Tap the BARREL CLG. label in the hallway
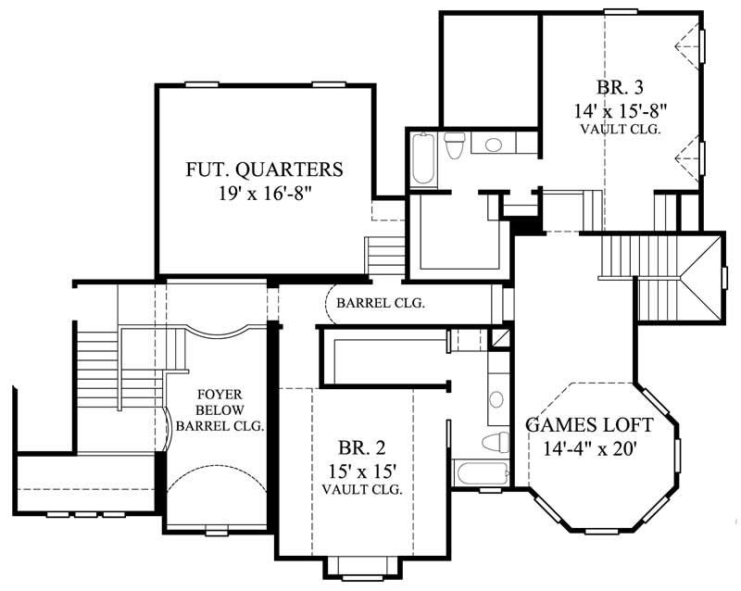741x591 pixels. click(x=381, y=303)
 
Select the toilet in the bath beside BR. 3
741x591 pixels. click(x=455, y=146)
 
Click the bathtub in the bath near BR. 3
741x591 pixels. click(x=422, y=158)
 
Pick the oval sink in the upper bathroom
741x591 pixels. click(x=493, y=145)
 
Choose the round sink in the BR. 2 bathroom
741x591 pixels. click(x=496, y=399)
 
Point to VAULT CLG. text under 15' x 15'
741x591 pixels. click(x=362, y=488)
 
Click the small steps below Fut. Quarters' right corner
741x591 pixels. click(x=382, y=254)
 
